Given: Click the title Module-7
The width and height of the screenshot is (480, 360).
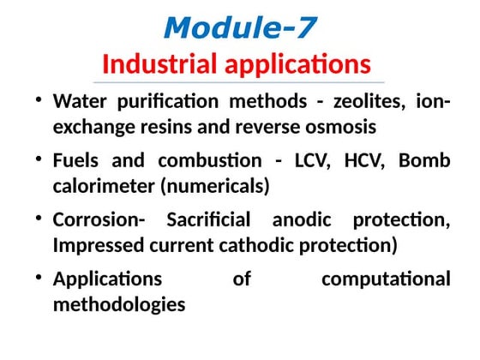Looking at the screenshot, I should point(239,27).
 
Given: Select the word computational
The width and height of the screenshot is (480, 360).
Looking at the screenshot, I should point(385,279).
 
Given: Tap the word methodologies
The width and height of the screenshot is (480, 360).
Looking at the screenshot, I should point(118,304).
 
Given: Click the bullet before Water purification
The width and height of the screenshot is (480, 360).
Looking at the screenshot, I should point(39,101).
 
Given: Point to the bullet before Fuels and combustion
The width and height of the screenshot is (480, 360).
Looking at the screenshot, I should point(39,160).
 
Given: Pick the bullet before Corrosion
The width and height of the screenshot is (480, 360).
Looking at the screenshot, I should point(39,219).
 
